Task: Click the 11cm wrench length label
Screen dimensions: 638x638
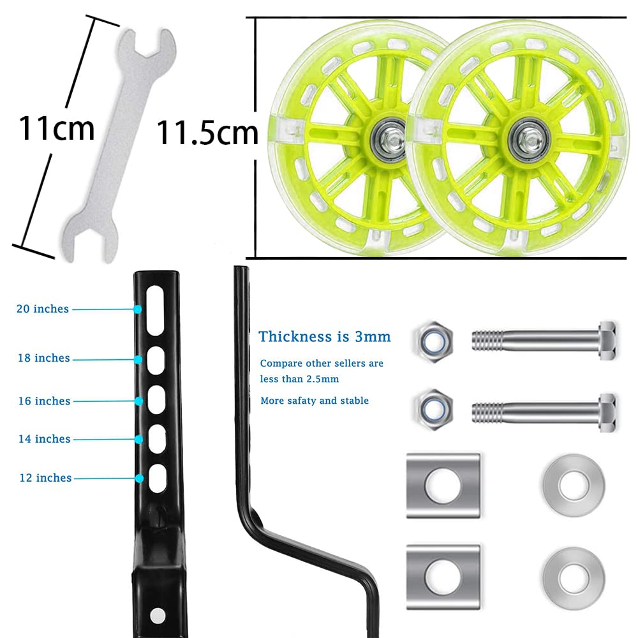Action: (57, 128)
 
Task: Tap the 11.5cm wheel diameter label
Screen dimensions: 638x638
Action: (207, 132)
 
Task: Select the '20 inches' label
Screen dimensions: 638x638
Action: (43, 309)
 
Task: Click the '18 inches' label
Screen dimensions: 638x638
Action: (44, 358)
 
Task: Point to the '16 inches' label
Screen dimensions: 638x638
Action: (45, 401)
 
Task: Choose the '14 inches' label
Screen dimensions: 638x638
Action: (45, 439)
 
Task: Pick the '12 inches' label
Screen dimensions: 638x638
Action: (45, 478)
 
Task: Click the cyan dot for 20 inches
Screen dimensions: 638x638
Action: (138, 309)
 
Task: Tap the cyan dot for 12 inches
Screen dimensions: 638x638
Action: (140, 478)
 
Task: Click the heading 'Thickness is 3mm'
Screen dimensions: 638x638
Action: (325, 336)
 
